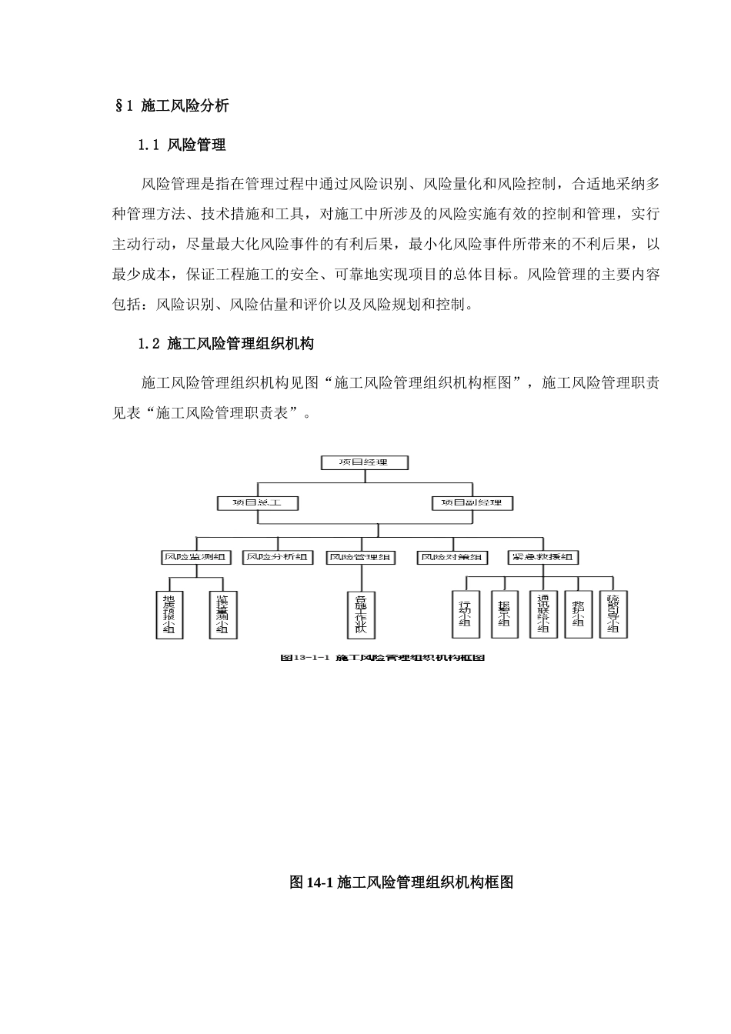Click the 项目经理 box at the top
pyautogui.click(x=364, y=462)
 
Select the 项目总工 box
pyautogui.click(x=257, y=502)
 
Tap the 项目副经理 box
pyautogui.click(x=472, y=502)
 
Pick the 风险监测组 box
pyautogui.click(x=195, y=557)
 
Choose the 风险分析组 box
pyautogui.click(x=278, y=557)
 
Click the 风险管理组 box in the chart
pyautogui.click(x=361, y=557)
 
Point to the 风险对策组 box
pyautogui.click(x=452, y=557)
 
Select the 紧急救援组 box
pyautogui.click(x=543, y=557)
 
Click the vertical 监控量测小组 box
pyautogui.click(x=222, y=614)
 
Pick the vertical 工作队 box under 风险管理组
pyautogui.click(x=361, y=614)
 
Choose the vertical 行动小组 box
pyautogui.click(x=465, y=614)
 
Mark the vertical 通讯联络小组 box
pyautogui.click(x=543, y=614)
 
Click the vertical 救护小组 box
pyautogui.click(x=578, y=614)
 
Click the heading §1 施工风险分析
pyautogui.click(x=171, y=106)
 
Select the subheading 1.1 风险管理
pyautogui.click(x=182, y=145)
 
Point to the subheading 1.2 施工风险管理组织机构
pyautogui.click(x=226, y=344)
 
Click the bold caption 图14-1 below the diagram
pyautogui.click(x=401, y=882)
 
